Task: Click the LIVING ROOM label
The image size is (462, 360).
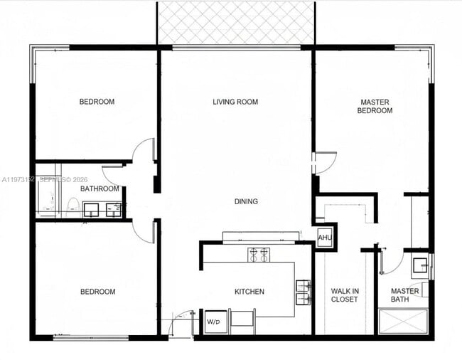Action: point(235,102)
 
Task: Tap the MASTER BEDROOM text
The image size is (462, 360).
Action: point(375,106)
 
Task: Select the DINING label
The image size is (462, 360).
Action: point(246,201)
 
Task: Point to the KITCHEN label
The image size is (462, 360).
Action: point(249,292)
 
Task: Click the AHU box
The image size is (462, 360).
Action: point(325,237)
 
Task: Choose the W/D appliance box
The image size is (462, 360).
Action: point(213,322)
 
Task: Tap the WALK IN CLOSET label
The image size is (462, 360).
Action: point(345,295)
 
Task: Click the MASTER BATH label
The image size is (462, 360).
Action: point(404,295)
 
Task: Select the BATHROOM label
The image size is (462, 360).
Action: point(100,189)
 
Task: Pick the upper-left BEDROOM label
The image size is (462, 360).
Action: point(97,102)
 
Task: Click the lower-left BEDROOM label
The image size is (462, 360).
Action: point(97,292)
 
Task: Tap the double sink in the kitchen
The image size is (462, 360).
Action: point(303,292)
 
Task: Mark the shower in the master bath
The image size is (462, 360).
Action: point(403,322)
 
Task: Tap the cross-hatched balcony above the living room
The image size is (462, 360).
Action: point(235,23)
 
